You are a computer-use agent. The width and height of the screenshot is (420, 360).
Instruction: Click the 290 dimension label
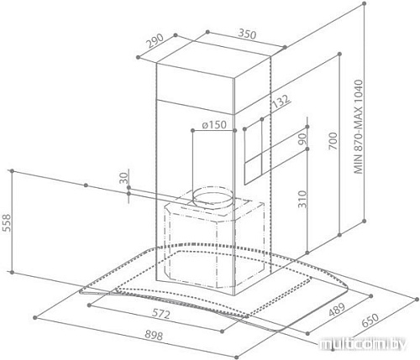155,41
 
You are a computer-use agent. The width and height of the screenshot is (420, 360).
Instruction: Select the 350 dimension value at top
247,34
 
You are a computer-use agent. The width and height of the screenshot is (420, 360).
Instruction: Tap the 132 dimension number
281,102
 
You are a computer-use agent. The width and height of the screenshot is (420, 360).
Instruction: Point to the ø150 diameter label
214,125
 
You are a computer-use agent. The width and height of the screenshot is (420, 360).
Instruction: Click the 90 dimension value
302,139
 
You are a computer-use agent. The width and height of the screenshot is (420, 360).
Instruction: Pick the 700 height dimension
333,141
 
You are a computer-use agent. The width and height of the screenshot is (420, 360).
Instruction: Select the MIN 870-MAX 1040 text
358,127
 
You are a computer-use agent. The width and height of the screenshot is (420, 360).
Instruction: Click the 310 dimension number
302,199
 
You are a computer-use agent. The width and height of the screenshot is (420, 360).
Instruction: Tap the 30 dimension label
123,178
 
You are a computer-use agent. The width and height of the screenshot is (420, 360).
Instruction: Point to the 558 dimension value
6,222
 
